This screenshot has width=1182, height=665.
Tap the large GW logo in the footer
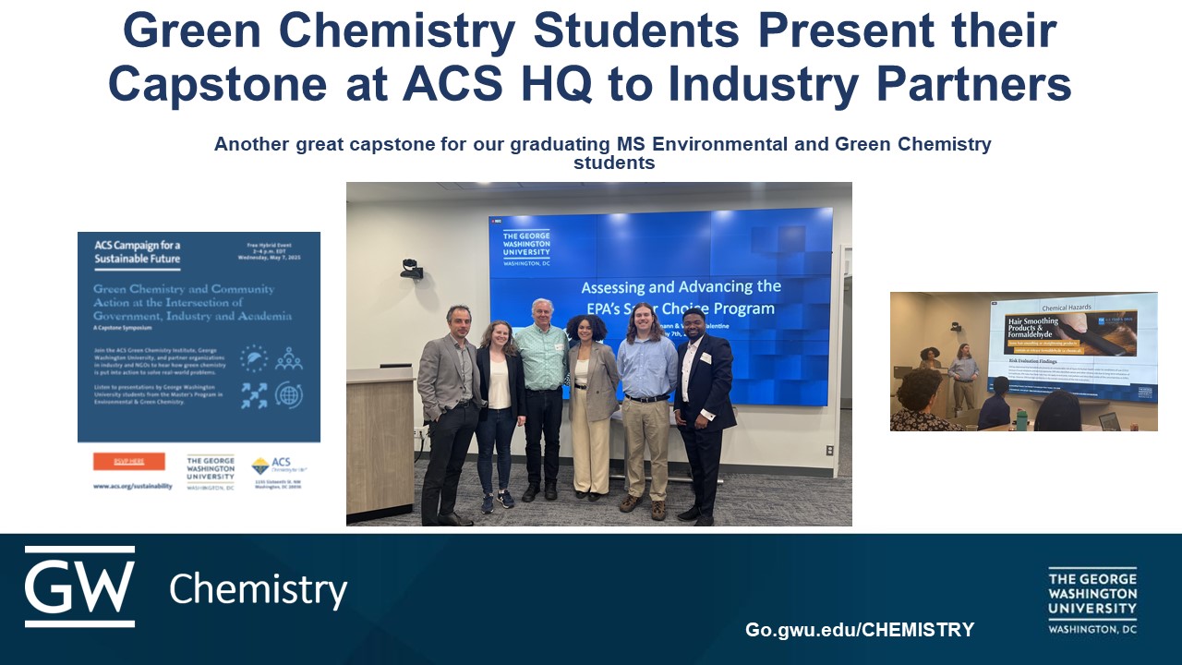click(x=79, y=586)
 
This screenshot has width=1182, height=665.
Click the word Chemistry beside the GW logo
click(x=258, y=588)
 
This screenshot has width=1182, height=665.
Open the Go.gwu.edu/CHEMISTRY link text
click(x=859, y=630)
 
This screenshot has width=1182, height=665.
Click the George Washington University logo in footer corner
click(x=1092, y=600)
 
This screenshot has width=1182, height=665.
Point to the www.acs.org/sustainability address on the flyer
click(x=132, y=486)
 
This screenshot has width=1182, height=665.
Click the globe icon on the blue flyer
click(x=288, y=394)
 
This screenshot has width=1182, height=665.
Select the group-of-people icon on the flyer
click(x=288, y=358)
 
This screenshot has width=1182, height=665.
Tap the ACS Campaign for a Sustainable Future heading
click(x=138, y=252)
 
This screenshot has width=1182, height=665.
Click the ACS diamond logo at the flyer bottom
click(x=260, y=465)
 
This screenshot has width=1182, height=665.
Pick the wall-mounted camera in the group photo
click(x=412, y=269)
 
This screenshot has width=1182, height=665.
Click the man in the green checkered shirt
click(x=540, y=388)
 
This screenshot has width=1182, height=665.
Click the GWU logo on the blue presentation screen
click(x=526, y=248)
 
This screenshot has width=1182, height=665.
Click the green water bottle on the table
click(x=1021, y=418)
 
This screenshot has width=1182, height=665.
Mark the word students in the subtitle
click(x=614, y=163)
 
